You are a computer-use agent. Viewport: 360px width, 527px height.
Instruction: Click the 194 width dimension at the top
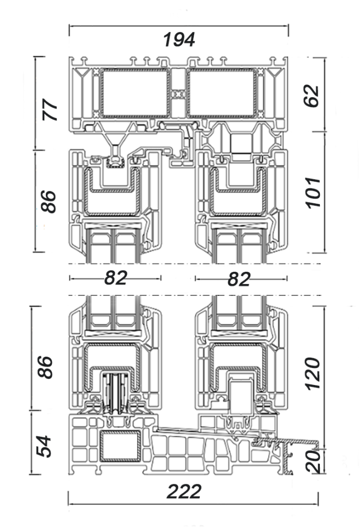179,40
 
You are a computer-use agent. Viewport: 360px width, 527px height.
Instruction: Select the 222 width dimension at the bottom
184,491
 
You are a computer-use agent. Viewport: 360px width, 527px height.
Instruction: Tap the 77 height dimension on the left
50,110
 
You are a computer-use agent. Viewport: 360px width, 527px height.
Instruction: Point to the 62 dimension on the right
311,96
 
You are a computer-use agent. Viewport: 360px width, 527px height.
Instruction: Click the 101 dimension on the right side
313,193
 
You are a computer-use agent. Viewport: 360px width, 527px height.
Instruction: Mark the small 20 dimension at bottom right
314,462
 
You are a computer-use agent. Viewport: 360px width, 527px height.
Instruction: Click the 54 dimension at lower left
44,446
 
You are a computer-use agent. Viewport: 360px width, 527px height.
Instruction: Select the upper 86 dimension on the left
48,201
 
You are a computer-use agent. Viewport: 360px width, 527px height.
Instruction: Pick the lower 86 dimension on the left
45,366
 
